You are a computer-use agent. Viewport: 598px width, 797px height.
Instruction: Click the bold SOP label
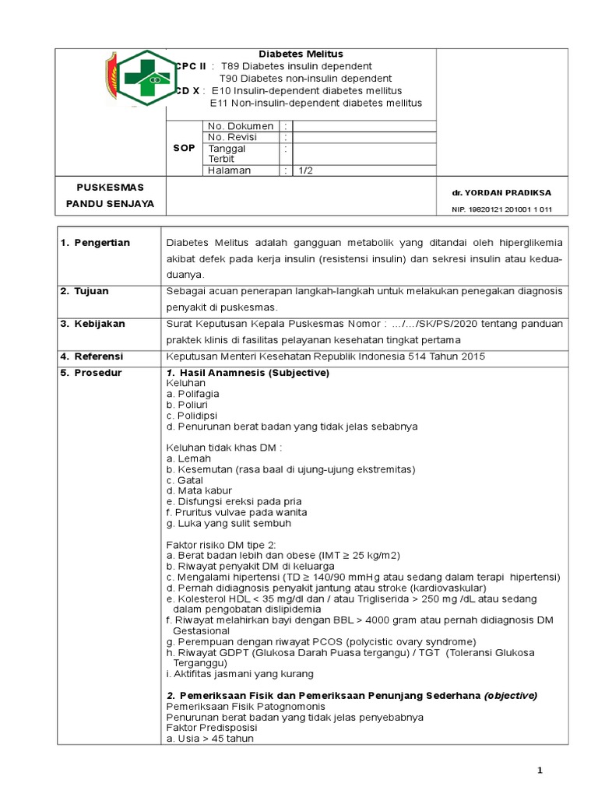point(183,148)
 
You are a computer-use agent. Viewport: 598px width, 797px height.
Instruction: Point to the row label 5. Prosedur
point(91,373)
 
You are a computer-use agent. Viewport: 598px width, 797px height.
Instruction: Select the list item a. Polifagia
point(192,394)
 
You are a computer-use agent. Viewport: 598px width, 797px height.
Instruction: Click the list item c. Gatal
point(185,480)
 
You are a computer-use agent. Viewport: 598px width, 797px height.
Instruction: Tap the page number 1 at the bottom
point(539,770)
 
